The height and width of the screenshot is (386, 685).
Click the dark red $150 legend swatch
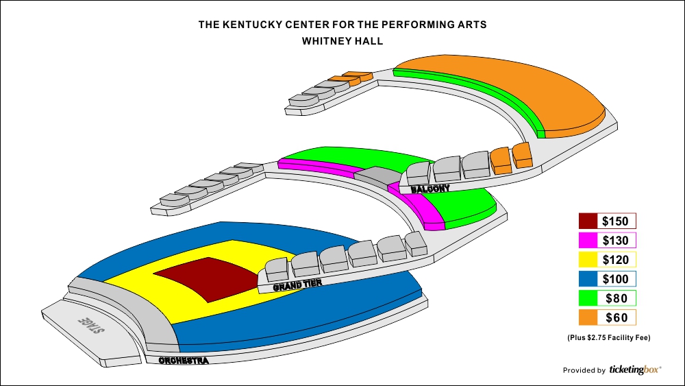pos(588,221)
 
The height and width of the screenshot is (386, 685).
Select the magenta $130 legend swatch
pos(588,240)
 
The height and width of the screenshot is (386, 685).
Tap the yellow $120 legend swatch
pos(588,259)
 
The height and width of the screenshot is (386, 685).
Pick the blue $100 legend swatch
pos(588,279)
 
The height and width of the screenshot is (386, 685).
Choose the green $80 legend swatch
pos(588,298)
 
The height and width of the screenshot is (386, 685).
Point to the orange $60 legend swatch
pos(588,317)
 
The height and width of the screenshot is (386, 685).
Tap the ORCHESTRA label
pos(184,361)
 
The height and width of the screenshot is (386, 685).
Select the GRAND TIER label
pos(297,285)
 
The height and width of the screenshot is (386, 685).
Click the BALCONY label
pos(430,189)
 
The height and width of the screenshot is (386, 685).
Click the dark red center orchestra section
pos(208,278)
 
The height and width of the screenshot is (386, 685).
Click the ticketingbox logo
pos(635,370)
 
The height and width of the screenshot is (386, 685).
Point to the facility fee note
pos(608,337)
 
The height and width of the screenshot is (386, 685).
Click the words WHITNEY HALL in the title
pos(342,41)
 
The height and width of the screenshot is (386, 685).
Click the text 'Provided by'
pos(584,371)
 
